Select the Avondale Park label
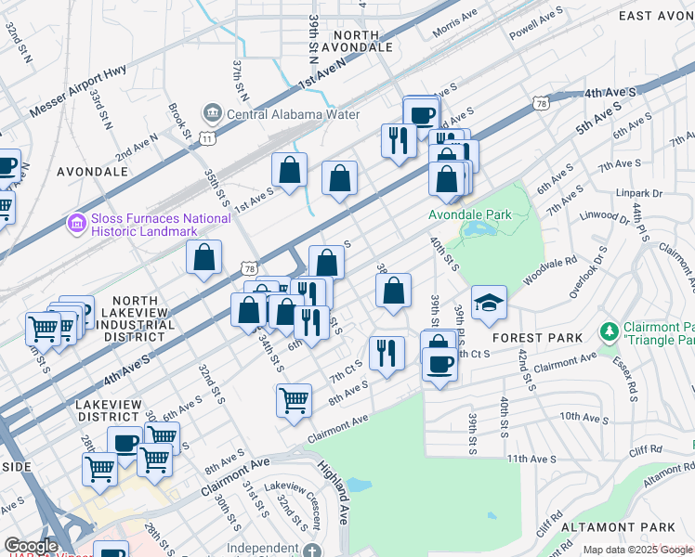tap(469, 214)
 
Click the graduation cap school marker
tap(489, 303)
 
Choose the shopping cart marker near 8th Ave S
tap(294, 400)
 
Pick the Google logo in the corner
tap(31, 546)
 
